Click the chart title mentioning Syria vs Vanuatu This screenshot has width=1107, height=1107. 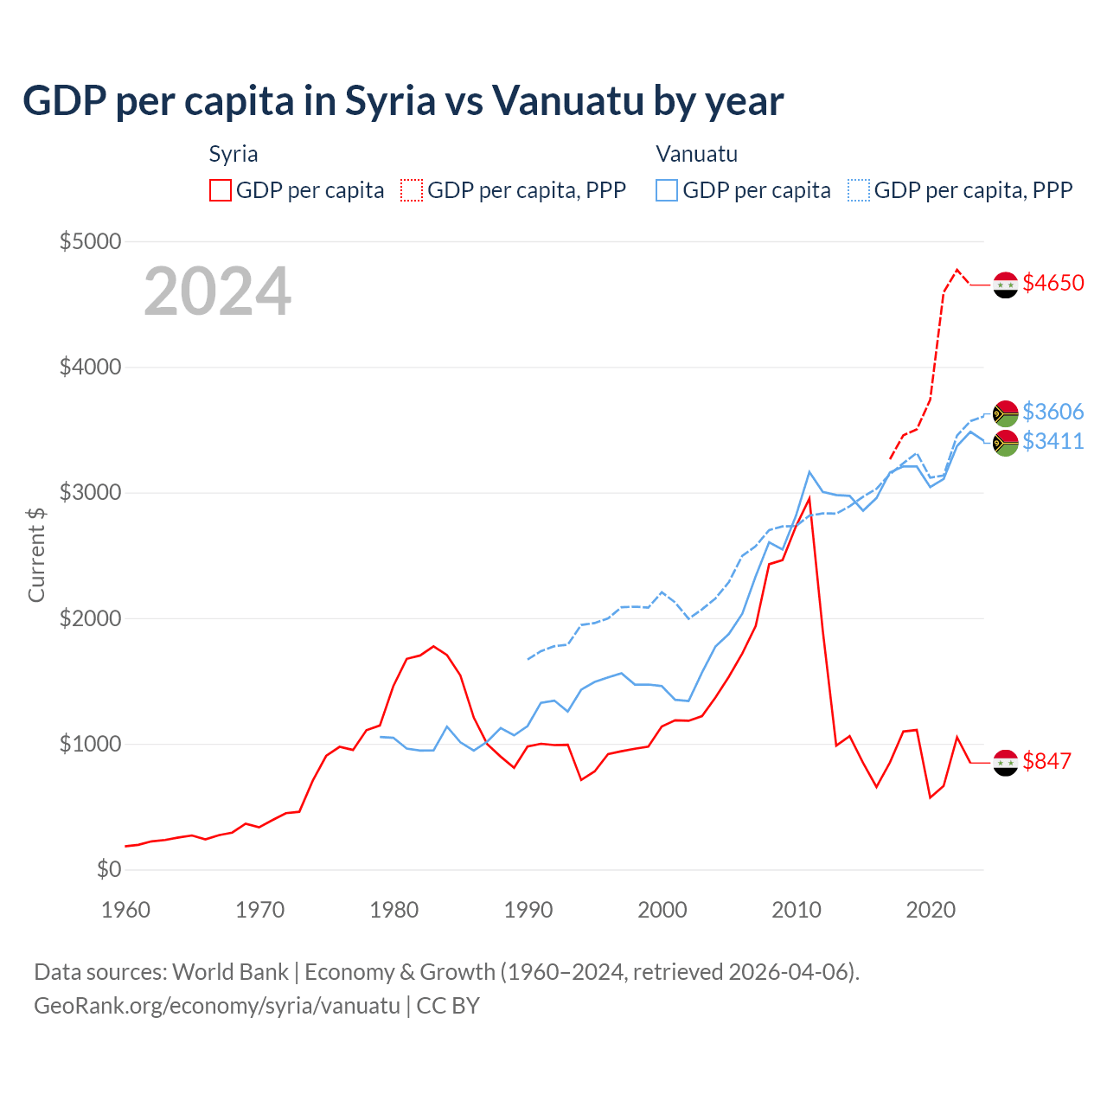coord(403,101)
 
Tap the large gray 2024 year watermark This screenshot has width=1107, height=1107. coord(217,291)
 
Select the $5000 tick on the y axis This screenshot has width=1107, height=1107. coord(90,241)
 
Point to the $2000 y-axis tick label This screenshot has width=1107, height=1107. coord(90,618)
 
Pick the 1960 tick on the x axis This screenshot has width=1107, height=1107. coord(126,910)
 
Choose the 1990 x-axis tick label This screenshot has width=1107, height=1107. coord(528,910)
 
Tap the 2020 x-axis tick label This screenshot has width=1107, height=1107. coord(931,910)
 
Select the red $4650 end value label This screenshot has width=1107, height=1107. coord(1053,284)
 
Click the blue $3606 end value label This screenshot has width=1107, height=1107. coord(1053,412)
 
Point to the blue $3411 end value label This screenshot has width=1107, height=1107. coord(1053,441)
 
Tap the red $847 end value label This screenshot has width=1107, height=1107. coord(1046,761)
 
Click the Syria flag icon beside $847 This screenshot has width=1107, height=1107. coord(1005,763)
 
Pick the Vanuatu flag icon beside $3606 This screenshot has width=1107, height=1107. coord(1005,413)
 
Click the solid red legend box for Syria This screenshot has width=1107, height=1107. coord(221,190)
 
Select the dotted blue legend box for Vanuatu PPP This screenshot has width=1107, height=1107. coord(859,190)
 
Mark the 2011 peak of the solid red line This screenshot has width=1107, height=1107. coord(809,497)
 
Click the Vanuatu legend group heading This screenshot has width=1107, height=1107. coord(696,154)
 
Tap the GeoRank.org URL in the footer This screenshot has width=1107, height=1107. coord(216,1006)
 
